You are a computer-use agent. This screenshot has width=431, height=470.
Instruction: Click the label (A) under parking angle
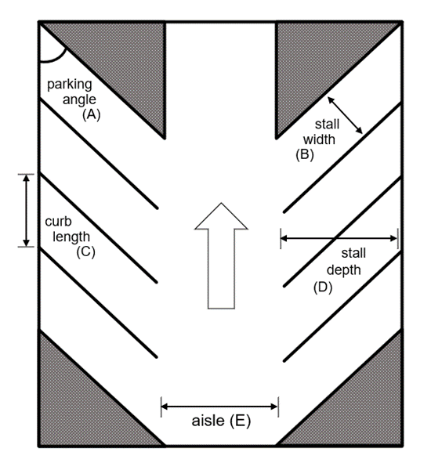click(x=92, y=114)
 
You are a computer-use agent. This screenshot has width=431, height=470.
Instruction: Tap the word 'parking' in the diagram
click(x=70, y=85)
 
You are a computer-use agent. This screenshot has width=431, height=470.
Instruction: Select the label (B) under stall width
click(x=305, y=154)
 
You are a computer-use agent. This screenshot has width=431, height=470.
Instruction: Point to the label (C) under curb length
click(x=85, y=251)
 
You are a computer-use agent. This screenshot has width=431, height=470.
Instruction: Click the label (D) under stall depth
click(x=323, y=287)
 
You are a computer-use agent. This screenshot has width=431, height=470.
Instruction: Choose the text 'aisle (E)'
click(x=221, y=421)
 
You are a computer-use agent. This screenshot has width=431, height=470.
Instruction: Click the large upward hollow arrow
click(x=221, y=255)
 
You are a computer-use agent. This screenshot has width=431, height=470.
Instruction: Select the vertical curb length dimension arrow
click(x=27, y=211)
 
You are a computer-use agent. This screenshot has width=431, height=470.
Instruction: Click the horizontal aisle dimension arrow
click(x=219, y=407)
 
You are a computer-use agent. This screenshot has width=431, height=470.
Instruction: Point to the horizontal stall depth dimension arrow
click(x=339, y=238)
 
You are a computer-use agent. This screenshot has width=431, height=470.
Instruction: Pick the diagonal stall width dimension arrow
click(x=345, y=115)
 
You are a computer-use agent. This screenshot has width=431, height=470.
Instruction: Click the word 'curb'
click(x=58, y=222)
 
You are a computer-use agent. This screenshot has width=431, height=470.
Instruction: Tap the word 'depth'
click(x=344, y=271)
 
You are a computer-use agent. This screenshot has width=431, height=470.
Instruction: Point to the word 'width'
click(x=319, y=139)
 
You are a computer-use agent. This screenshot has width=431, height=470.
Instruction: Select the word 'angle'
click(x=79, y=99)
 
